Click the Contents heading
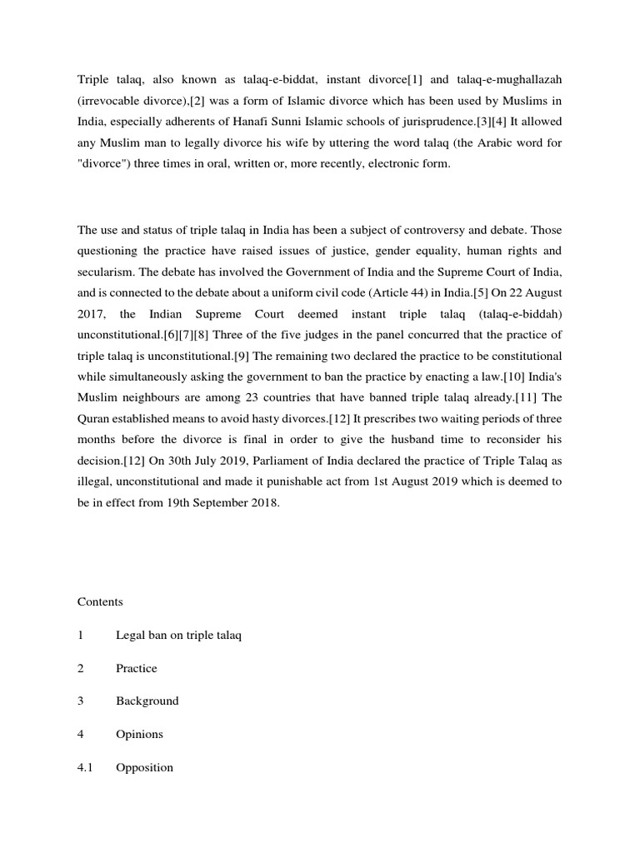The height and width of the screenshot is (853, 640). click(x=100, y=601)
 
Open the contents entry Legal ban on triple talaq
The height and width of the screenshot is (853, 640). click(x=178, y=635)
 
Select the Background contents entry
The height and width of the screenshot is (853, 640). click(x=147, y=701)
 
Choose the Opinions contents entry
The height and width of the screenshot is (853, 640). click(x=139, y=734)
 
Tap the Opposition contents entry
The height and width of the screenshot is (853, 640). click(x=144, y=767)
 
